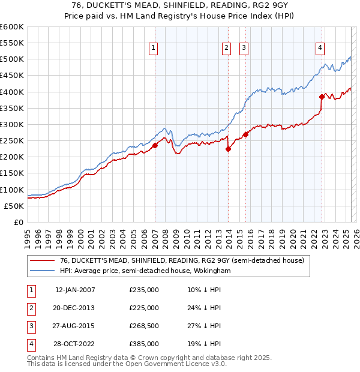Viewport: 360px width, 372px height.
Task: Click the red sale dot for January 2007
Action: point(155,145)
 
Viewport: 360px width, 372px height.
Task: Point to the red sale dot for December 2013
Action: point(229,149)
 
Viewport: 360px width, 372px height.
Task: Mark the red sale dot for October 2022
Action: point(322,97)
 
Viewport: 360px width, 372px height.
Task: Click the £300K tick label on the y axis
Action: point(11,124)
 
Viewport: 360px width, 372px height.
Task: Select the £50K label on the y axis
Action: point(14,206)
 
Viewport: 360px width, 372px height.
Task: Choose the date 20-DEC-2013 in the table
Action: point(75,308)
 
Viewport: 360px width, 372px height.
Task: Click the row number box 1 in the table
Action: point(29,290)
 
